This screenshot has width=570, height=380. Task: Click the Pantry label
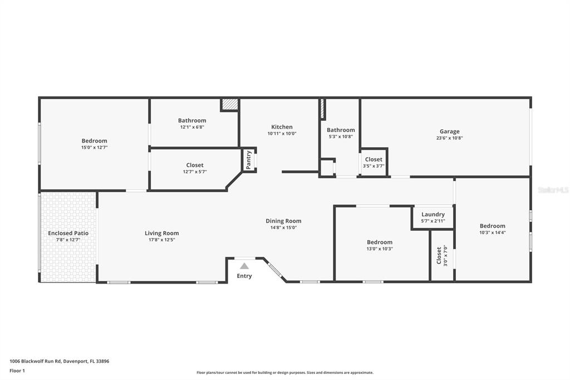(249, 160)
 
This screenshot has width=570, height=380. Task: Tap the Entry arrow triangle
(244, 266)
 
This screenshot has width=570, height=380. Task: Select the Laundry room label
(433, 215)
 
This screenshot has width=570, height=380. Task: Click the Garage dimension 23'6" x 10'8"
(449, 138)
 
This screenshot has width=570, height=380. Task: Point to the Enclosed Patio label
(68, 233)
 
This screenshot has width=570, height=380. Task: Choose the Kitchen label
(282, 127)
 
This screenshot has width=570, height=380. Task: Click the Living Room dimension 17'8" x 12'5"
(161, 240)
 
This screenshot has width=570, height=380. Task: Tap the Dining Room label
(283, 221)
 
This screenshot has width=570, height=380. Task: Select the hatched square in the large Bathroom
(229, 105)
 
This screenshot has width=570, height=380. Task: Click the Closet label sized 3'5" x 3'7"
(374, 159)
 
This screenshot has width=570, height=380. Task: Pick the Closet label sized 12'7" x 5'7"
(195, 165)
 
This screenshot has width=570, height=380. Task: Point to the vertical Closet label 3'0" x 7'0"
(439, 255)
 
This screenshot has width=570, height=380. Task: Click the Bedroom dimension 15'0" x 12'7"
(94, 148)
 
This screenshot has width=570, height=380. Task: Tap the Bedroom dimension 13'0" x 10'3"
(380, 249)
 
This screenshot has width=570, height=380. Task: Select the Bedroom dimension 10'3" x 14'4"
(493, 232)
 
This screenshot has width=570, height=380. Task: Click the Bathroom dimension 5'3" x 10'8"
(341, 137)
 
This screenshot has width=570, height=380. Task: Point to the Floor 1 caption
(17, 371)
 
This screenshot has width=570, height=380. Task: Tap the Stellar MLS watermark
(553, 190)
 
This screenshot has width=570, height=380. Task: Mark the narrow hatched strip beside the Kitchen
(322, 109)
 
